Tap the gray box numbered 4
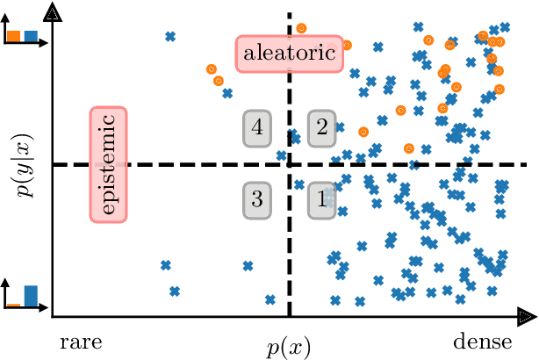[257, 128]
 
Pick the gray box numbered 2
[321, 128]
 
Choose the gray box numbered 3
[257, 199]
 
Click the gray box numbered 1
[321, 199]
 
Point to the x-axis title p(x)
[289, 345]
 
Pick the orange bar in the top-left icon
[15, 37]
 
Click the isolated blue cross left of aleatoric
[170, 36]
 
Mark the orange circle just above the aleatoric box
[300, 28]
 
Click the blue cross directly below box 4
[282, 157]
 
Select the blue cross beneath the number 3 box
[248, 265]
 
